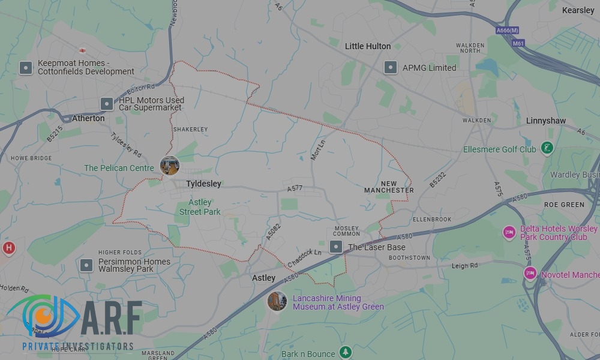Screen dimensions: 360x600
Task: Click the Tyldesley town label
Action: coord(203,184)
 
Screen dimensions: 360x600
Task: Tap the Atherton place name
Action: coord(88,118)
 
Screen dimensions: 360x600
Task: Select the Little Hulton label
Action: coord(367,46)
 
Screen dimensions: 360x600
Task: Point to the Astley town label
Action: coord(263,278)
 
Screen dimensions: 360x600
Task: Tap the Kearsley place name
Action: coord(578,10)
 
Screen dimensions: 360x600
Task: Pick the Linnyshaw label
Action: coord(545,121)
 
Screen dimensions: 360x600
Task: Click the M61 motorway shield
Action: coord(518,43)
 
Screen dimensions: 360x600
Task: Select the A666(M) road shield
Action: coord(507,30)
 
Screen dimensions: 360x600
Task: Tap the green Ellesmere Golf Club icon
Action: coord(547,148)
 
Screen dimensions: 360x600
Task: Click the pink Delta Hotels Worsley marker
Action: coord(509,232)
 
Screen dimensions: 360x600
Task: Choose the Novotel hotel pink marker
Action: coord(530,274)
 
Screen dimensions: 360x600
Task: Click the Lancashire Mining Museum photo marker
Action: coord(277,301)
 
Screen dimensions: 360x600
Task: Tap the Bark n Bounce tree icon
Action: coord(344,352)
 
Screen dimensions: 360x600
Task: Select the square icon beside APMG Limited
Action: coord(391,68)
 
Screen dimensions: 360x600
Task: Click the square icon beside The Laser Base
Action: coord(336,247)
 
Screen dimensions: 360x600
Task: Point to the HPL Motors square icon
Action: coord(106,104)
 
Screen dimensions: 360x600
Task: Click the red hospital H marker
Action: coord(8,248)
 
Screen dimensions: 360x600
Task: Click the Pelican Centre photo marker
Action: coord(170,166)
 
